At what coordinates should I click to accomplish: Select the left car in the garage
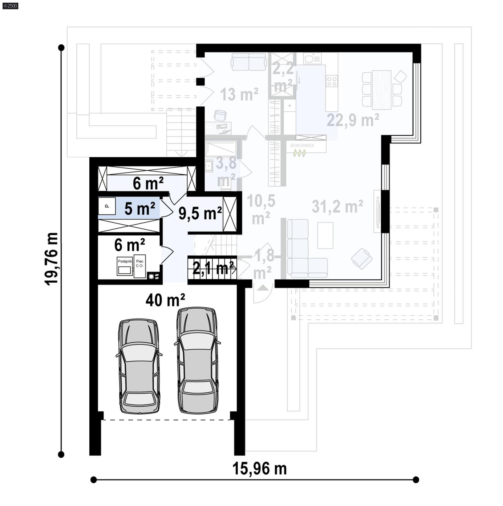(139, 366)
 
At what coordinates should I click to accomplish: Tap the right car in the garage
(197, 360)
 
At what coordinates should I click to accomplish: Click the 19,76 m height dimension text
(52, 259)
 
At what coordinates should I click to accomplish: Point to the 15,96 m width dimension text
(259, 469)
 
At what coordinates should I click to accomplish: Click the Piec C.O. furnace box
(140, 266)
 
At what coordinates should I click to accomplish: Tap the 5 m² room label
(139, 208)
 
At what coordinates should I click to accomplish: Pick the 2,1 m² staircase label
(214, 268)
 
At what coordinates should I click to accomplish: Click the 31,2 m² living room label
(337, 206)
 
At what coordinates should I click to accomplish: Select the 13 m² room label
(239, 94)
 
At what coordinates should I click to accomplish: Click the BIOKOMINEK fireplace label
(302, 145)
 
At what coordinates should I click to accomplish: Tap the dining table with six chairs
(381, 90)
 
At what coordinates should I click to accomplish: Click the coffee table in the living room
(325, 235)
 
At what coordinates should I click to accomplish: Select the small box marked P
(107, 206)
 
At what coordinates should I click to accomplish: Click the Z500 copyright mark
(10, 5)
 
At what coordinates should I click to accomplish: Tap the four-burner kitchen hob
(332, 81)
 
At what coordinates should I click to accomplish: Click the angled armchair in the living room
(362, 258)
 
